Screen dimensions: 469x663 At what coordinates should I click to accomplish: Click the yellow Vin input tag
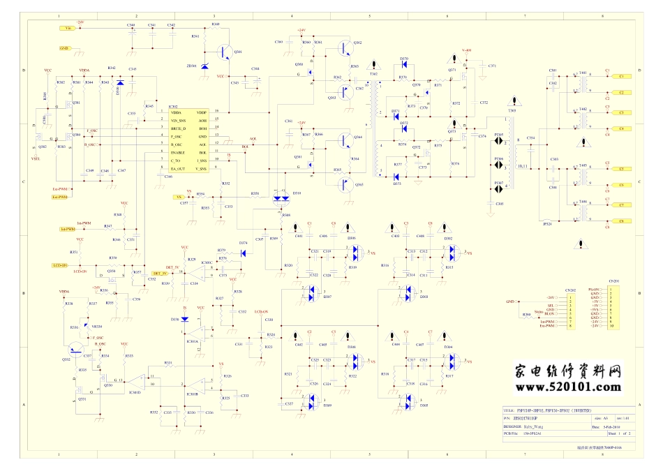click(68, 29)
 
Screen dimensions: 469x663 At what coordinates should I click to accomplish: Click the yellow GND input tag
click(64, 48)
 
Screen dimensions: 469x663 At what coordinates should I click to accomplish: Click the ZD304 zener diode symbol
click(204, 66)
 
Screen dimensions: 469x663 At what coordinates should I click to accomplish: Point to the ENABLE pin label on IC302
click(179, 152)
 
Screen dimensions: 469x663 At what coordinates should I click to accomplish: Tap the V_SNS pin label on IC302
click(202, 169)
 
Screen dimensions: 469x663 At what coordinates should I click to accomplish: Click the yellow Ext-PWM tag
click(61, 190)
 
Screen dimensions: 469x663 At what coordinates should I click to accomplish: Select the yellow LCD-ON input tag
click(60, 266)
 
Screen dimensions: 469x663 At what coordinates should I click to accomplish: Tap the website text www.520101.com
click(568, 386)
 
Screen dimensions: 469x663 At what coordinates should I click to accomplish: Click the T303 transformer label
click(513, 110)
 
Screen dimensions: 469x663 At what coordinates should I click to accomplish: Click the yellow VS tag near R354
click(179, 198)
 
